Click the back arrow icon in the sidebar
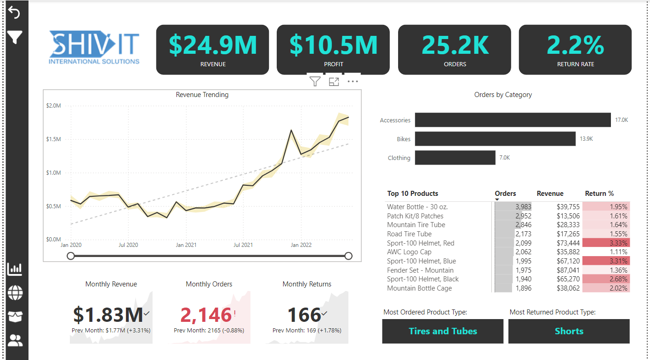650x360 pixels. tap(14, 13)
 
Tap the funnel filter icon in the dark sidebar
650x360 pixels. tap(14, 37)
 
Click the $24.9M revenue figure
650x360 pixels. tap(212, 45)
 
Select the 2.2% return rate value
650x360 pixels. tap(575, 45)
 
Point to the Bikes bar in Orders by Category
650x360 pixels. tap(495, 139)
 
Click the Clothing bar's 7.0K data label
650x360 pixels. tap(504, 158)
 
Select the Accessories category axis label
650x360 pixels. tap(395, 120)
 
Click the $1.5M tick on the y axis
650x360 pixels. tap(53, 139)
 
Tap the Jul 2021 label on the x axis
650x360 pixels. tap(243, 245)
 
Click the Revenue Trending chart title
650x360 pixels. tap(202, 95)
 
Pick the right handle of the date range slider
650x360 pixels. tap(348, 256)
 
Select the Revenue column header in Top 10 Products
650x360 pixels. tap(550, 194)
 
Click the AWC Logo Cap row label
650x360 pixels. tap(409, 252)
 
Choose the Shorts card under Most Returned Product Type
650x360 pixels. tap(569, 331)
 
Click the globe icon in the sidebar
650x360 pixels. tap(15, 292)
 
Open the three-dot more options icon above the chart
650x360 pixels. tap(353, 82)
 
